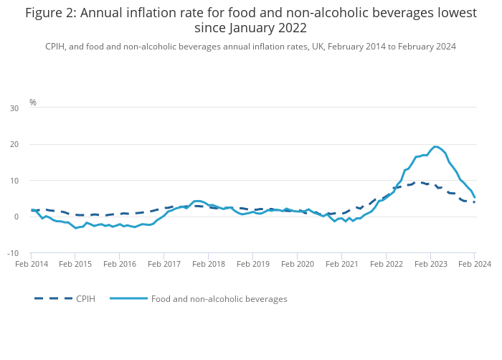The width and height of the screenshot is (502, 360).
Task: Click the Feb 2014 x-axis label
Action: point(31,264)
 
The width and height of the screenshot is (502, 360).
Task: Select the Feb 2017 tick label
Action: point(164,264)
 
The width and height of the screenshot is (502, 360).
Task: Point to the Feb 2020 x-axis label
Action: point(297,264)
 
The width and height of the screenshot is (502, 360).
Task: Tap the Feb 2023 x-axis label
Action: point(430,264)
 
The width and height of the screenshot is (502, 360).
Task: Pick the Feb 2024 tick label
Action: point(474,264)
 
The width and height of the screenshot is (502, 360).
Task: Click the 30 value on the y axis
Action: point(14,108)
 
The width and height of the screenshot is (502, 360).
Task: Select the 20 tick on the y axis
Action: point(14,144)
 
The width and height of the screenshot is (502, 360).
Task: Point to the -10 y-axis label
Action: point(14,253)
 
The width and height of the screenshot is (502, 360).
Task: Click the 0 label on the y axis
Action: point(16,217)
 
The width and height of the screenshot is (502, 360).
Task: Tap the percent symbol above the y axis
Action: point(33,103)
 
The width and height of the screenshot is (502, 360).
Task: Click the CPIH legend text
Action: point(85,298)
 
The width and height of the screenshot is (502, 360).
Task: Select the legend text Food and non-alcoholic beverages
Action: point(219,298)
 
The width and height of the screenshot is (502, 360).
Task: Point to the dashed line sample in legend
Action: point(53,298)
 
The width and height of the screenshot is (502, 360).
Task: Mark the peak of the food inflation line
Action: point(435,146)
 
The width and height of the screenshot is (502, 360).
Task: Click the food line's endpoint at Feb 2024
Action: point(474,198)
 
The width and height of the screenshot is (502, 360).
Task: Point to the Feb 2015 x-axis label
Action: point(75,264)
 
